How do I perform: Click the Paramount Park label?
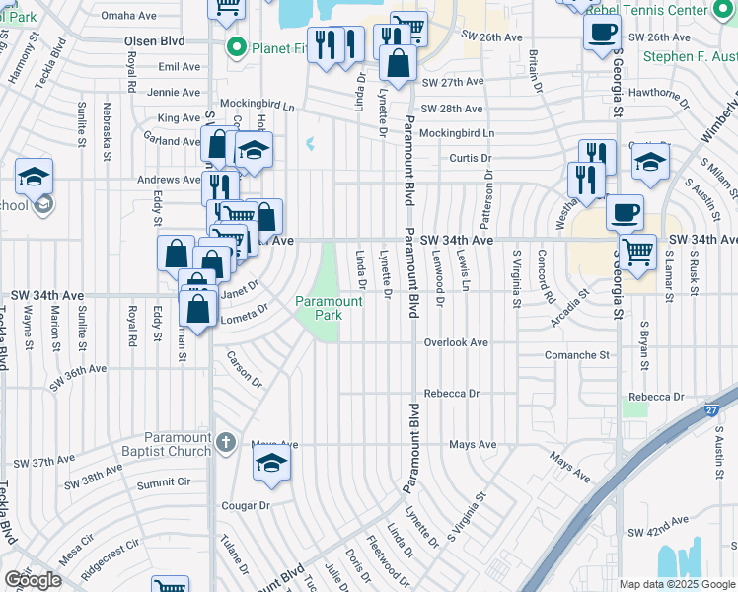(320, 307)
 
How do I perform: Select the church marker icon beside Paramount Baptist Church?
(226, 442)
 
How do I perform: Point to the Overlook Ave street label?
(456, 342)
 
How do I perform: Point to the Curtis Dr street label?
(471, 158)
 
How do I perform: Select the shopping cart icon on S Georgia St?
(637, 251)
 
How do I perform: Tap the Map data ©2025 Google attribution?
(677, 584)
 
